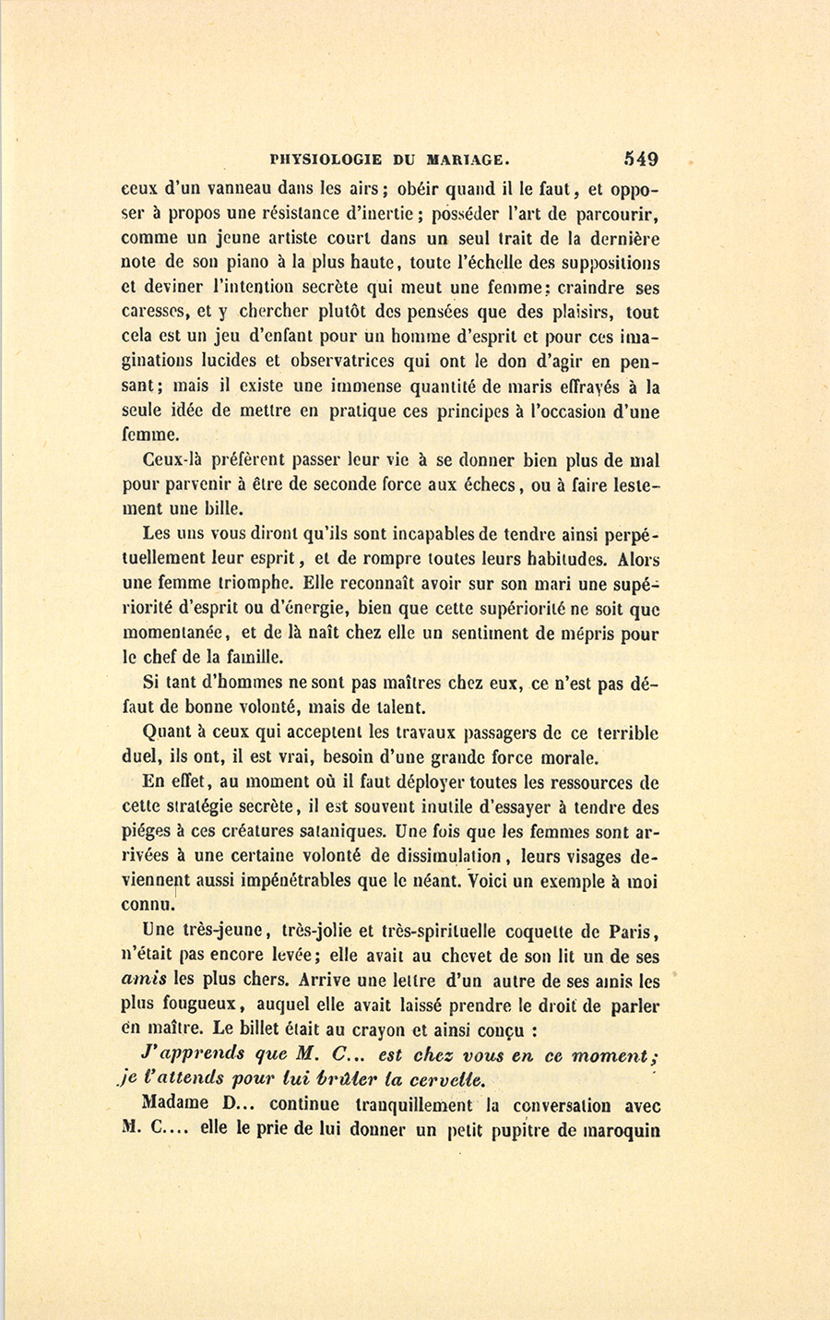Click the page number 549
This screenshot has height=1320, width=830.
click(x=640, y=159)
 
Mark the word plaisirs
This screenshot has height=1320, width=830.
click(x=579, y=313)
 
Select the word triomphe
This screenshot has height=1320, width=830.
click(x=254, y=585)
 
